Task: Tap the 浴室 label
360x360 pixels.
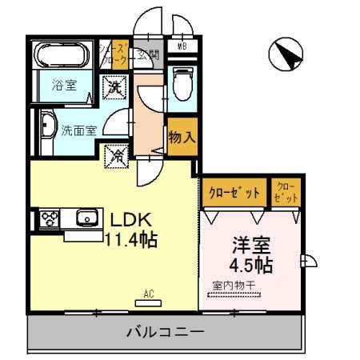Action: (64, 86)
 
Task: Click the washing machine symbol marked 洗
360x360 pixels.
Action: (116, 85)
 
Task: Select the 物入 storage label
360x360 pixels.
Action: (182, 136)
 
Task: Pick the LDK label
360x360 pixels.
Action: (128, 218)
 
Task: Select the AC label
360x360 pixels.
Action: (148, 294)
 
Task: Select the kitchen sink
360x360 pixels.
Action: (84, 218)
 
